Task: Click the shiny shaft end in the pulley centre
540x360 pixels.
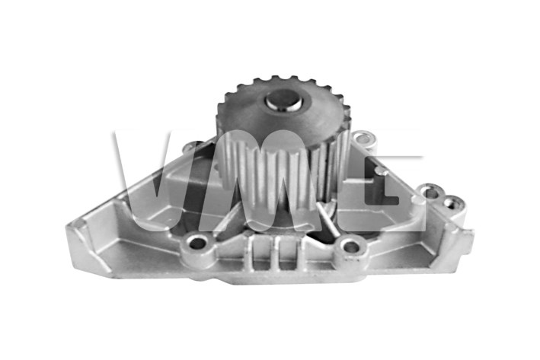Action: [x=283, y=100]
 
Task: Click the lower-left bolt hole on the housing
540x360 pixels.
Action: [x=197, y=243]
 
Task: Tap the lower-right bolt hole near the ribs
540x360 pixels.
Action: [x=350, y=246]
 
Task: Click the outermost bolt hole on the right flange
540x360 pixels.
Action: [x=451, y=203]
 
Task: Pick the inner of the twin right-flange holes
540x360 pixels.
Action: [x=431, y=191]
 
